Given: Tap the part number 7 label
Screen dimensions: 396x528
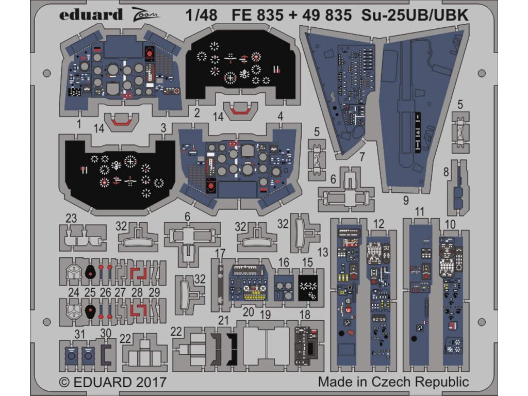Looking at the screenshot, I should pos(362,156).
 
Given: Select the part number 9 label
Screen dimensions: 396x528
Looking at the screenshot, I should pos(406,199).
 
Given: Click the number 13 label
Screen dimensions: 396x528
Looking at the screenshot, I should pos(322,252).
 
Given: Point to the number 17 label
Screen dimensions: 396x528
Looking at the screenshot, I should pos(220,253).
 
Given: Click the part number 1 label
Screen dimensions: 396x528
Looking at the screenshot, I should pos(79,124).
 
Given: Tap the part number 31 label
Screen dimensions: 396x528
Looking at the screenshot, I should pos(79,334).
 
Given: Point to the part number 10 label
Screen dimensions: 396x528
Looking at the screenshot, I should pos(450,225).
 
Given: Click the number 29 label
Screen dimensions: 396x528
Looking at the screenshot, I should pos(154,292).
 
